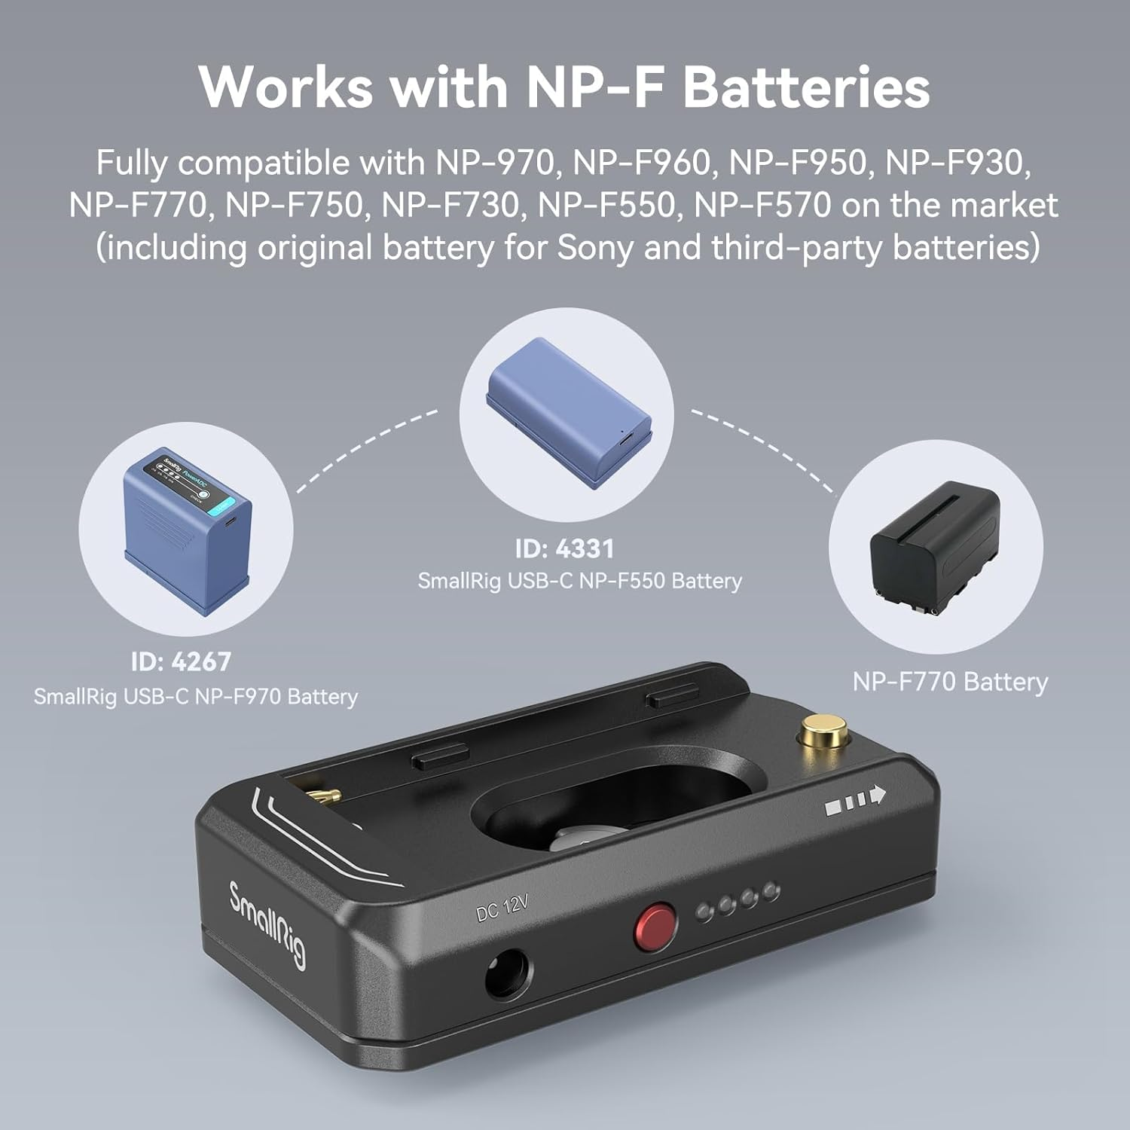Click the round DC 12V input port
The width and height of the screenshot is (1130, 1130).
pyautogui.click(x=505, y=973)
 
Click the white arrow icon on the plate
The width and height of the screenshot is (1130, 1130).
pyautogui.click(x=856, y=800)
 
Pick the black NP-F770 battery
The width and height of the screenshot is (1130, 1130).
pyautogui.click(x=935, y=545)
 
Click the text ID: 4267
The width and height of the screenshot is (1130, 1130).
pyautogui.click(x=181, y=662)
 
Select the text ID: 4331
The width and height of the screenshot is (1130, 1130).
pyautogui.click(x=565, y=548)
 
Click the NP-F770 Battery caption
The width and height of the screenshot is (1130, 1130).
pyautogui.click(x=950, y=682)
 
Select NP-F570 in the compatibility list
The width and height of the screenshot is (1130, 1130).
pyautogui.click(x=762, y=205)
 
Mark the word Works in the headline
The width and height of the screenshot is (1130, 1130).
pyautogui.click(x=286, y=87)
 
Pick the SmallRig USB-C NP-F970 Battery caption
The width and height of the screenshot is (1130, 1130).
pyautogui.click(x=195, y=697)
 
